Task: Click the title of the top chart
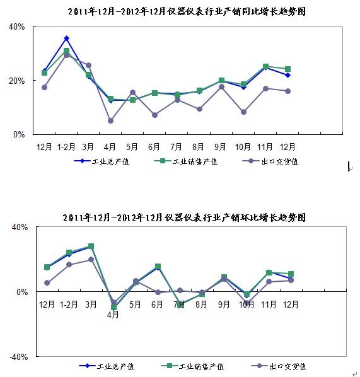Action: tap(187, 11)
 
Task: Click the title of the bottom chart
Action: tap(184, 217)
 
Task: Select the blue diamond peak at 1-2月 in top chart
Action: tap(67, 38)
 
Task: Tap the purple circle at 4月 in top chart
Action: tap(110, 120)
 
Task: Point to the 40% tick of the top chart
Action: tap(16, 26)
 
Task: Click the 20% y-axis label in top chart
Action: tap(16, 81)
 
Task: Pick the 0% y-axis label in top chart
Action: tap(19, 134)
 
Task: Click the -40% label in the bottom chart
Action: tap(19, 357)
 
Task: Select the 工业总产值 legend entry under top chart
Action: tap(102, 161)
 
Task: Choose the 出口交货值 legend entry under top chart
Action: tap(270, 161)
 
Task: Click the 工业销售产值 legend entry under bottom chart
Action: tap(192, 366)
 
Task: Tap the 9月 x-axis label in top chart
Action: tap(220, 147)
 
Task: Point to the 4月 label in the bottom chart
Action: tap(113, 314)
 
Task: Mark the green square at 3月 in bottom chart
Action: tap(91, 246)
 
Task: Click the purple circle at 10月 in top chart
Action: tap(243, 112)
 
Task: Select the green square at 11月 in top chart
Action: tap(265, 67)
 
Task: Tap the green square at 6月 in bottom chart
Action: tap(158, 267)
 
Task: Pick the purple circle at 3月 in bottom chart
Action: tap(91, 260)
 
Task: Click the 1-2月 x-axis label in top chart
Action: tap(66, 147)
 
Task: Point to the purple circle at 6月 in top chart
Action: tap(155, 115)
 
